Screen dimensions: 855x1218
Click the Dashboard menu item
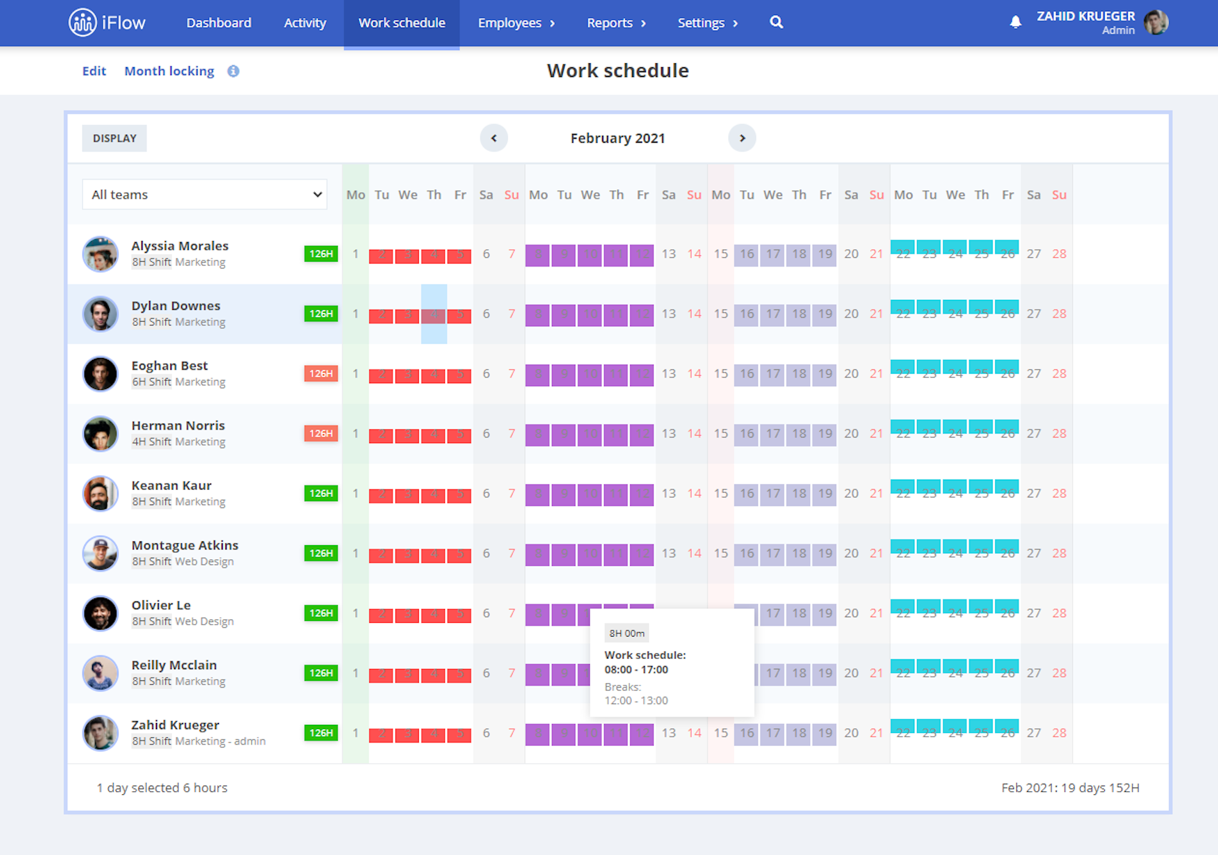(x=218, y=23)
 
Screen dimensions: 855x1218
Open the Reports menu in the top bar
(x=616, y=23)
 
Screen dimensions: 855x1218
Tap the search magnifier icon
(x=776, y=23)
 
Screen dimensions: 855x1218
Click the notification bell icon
(x=1015, y=23)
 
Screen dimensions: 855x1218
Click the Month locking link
(x=169, y=71)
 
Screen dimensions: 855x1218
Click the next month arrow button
(x=742, y=138)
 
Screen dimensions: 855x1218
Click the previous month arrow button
(x=494, y=138)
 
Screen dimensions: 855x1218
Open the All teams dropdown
(x=205, y=195)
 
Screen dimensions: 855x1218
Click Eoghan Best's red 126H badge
(x=320, y=374)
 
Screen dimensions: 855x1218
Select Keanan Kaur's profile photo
(x=100, y=494)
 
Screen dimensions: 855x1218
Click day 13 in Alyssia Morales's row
(x=668, y=254)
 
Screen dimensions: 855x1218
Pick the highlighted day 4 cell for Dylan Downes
(x=434, y=314)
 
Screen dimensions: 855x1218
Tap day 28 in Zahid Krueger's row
(x=1059, y=733)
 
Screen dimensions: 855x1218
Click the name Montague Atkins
(x=185, y=545)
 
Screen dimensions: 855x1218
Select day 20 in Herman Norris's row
(x=851, y=434)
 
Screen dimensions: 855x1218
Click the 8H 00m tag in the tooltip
(x=627, y=633)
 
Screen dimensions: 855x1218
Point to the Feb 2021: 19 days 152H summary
(x=1070, y=788)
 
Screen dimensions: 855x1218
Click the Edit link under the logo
(x=94, y=71)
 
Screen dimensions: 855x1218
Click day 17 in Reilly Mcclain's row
(x=773, y=673)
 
